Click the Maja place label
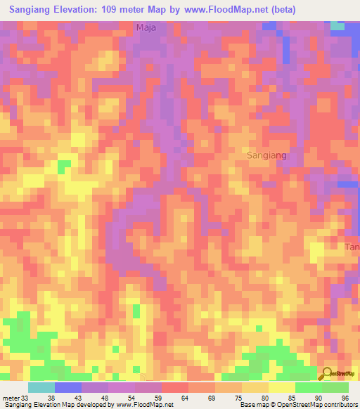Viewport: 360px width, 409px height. tap(146, 28)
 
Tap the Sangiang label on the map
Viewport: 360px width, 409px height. tap(267, 155)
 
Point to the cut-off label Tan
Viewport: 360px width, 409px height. tap(352, 247)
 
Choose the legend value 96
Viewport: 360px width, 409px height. tap(345, 398)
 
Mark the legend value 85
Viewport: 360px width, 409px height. tap(292, 398)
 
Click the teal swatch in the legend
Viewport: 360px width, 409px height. tap(41, 387)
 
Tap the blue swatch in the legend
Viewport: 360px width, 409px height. tap(68, 387)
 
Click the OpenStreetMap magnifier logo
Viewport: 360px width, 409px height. tap(328, 375)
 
